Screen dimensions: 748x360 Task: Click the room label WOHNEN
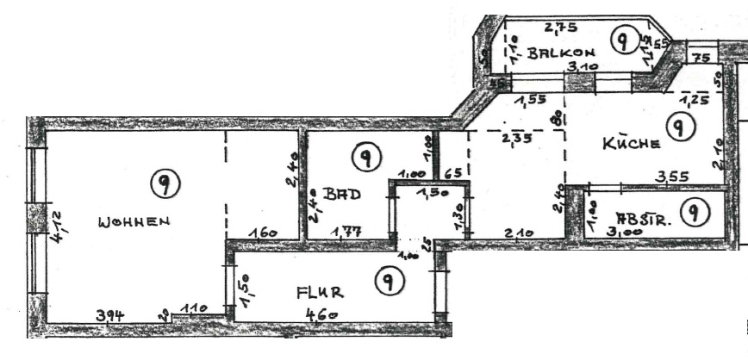(x=134, y=221)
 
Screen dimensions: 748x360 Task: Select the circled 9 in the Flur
(x=390, y=279)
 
